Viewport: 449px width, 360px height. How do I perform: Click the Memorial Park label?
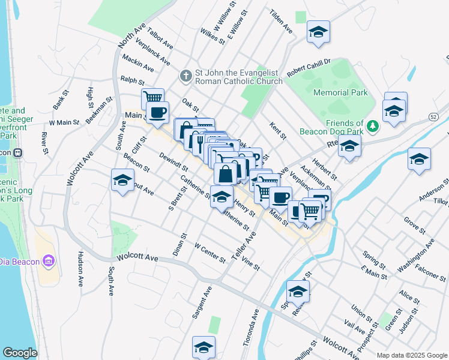(x=340, y=92)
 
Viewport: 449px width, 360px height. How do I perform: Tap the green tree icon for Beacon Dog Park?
(x=373, y=125)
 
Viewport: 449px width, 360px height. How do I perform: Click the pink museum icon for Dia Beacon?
(x=49, y=261)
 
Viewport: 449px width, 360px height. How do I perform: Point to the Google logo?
(x=20, y=353)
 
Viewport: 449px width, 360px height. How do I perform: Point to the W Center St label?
(x=210, y=252)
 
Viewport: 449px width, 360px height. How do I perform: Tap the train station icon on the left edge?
(x=18, y=152)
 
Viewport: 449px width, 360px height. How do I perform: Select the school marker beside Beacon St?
(x=122, y=179)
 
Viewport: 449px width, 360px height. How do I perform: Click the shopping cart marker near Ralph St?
(x=152, y=97)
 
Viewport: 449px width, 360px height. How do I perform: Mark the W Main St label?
(x=64, y=122)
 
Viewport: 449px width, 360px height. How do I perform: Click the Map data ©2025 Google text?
(x=411, y=355)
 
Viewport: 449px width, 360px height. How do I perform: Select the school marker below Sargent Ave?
(x=203, y=346)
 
